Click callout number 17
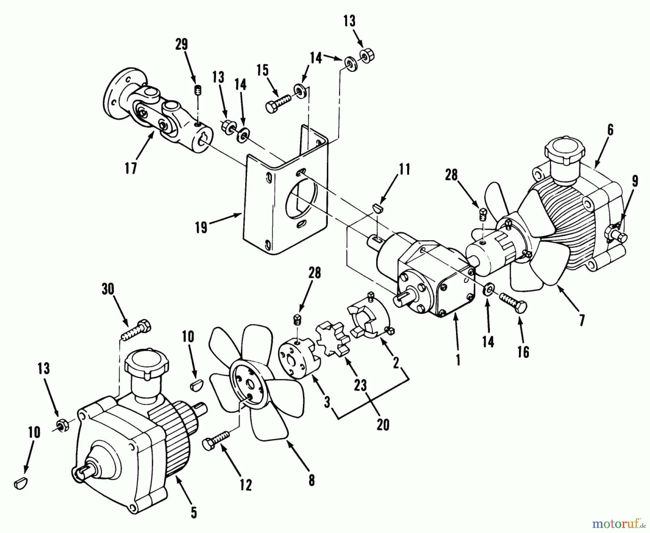tap(131, 168)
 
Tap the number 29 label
tap(182, 44)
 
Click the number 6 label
tap(610, 130)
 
